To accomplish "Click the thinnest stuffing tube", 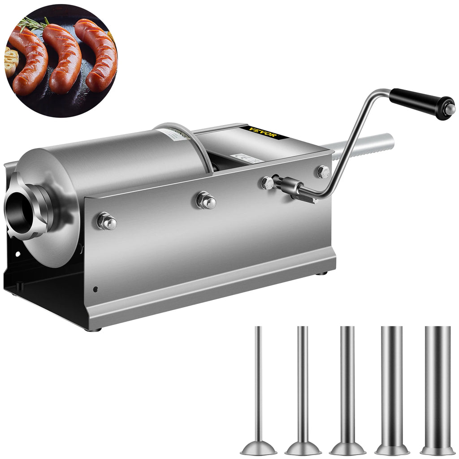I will (x=258, y=385).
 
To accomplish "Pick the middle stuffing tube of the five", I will (x=347, y=385).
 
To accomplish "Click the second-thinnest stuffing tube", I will (x=303, y=385).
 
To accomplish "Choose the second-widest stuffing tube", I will (x=392, y=385).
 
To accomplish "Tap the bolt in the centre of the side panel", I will (x=206, y=200).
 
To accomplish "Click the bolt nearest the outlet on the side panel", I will (x=107, y=221).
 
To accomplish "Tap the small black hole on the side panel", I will (x=95, y=289).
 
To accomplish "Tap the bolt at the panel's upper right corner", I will (x=323, y=171).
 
